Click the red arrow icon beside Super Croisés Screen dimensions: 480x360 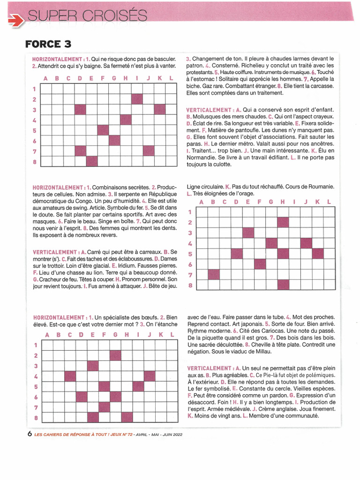click(17, 19)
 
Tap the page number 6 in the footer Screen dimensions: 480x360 click(30, 434)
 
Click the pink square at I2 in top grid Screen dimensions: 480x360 click(137, 99)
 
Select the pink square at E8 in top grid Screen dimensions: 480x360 click(91, 162)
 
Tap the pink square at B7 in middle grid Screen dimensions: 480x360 click(214, 274)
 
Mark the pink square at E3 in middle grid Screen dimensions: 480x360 click(248, 232)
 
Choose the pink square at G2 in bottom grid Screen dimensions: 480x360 click(115, 355)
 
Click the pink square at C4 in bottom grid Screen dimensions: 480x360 click(70, 376)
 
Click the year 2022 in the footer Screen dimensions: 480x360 click(175, 435)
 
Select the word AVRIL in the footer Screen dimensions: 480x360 click(141, 435)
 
